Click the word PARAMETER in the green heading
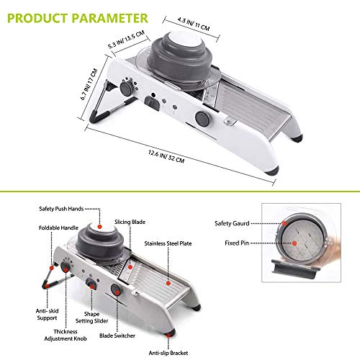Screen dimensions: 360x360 point(109,18)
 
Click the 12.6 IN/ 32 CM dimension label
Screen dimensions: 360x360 point(166,156)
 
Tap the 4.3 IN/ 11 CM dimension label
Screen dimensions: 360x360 point(194,24)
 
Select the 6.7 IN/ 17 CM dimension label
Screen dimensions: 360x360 point(89,84)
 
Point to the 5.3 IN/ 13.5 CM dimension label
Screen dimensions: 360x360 point(126,40)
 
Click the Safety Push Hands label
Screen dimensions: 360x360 point(61,209)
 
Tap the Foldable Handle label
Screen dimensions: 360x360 point(58,228)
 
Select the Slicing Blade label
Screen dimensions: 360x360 point(130,222)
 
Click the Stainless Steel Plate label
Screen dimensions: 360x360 point(168,243)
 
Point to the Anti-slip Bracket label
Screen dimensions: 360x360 point(168,353)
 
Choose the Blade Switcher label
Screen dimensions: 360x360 point(117,336)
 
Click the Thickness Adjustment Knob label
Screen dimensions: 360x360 point(66,335)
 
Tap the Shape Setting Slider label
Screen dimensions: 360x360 point(91,318)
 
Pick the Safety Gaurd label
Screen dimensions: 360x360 point(232,223)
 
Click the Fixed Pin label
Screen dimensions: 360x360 point(237,243)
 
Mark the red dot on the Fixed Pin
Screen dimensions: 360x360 point(294,243)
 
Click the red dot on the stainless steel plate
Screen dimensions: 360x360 point(168,284)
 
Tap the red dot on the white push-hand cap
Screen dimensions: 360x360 point(100,227)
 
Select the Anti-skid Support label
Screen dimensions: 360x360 point(47,315)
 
